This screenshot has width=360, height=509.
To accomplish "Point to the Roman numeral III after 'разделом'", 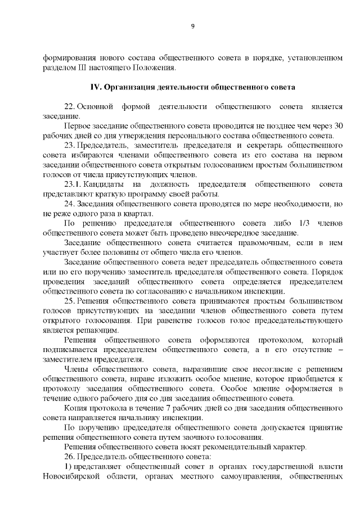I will pyautogui.click(x=78, y=69).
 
